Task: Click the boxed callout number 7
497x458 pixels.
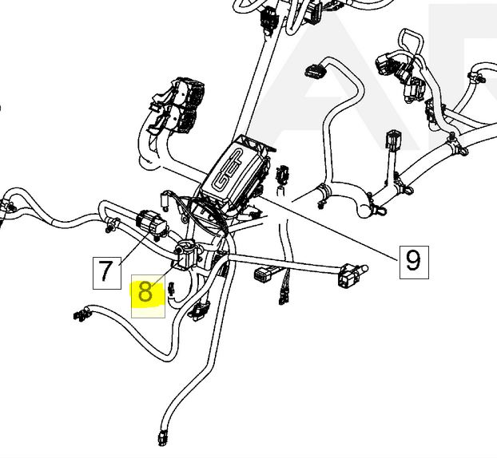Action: [107, 273]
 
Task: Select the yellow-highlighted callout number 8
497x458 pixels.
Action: [148, 295]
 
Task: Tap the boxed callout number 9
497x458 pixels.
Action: [414, 262]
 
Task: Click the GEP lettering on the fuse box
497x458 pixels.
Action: [227, 170]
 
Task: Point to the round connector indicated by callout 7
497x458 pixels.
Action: [151, 223]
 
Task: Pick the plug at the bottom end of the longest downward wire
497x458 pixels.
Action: [161, 438]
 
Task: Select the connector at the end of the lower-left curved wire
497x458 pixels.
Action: [81, 314]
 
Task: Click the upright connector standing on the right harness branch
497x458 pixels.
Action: [393, 140]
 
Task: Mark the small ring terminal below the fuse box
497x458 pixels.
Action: [184, 219]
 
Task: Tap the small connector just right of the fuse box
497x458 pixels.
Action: [281, 175]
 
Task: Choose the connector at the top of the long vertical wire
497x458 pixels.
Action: [268, 21]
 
